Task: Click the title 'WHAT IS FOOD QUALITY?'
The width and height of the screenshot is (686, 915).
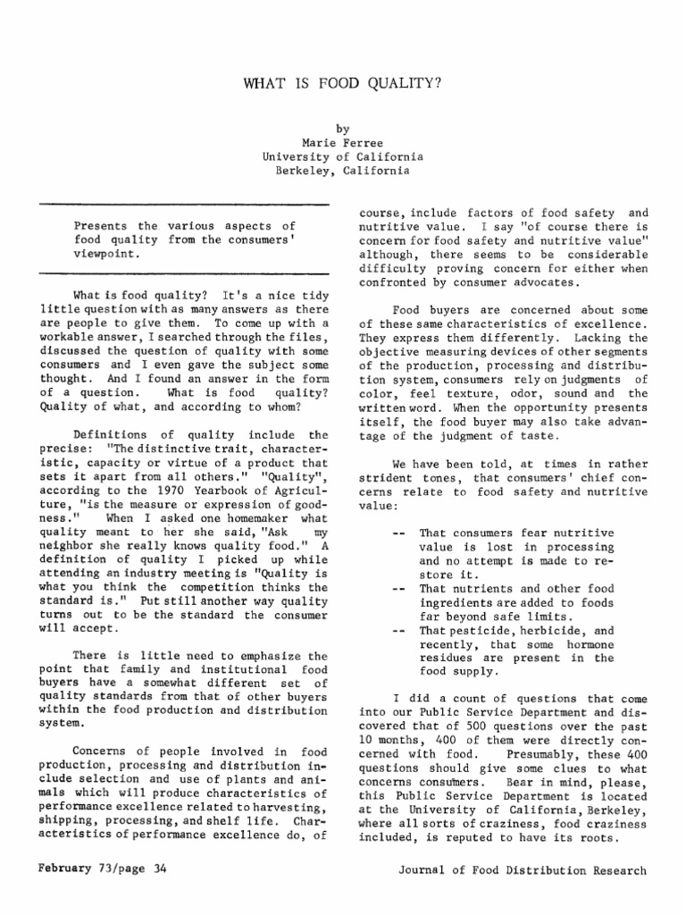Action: pos(342,84)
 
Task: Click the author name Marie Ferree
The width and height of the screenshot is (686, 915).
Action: pos(342,142)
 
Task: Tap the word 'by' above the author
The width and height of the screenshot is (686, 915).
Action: pos(342,128)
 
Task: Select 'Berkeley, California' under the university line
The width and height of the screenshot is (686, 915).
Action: pos(342,171)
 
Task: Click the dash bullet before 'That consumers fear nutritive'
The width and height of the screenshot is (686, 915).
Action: pos(398,533)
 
